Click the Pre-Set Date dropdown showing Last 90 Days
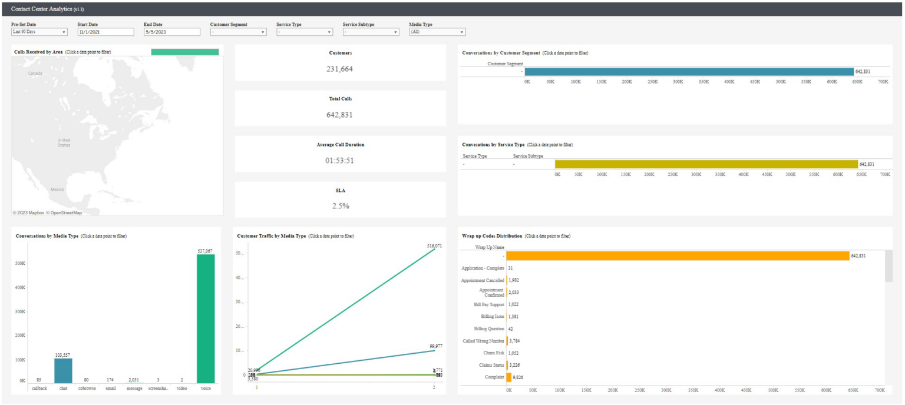click(x=39, y=32)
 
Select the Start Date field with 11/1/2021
click(x=105, y=32)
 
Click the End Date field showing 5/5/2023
click(x=171, y=32)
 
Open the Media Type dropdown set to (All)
click(x=437, y=32)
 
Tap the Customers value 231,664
click(x=340, y=69)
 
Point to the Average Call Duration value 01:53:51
click(x=340, y=160)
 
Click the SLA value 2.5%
click(x=340, y=206)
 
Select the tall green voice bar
click(x=206, y=318)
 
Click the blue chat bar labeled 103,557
click(x=62, y=370)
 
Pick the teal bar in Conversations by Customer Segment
click(x=688, y=71)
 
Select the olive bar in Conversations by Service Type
click(x=706, y=164)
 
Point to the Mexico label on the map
click(x=57, y=190)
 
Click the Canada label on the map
click(x=35, y=74)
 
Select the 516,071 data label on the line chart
click(x=435, y=245)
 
